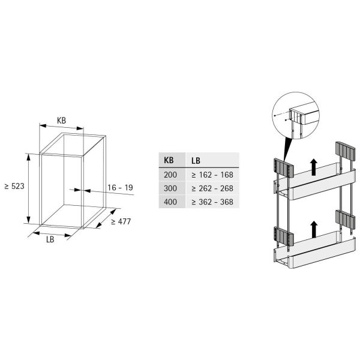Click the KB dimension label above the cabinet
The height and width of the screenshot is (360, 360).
point(62,121)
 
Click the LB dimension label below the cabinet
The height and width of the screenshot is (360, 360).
point(50,239)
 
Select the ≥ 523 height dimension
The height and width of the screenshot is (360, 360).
point(14,186)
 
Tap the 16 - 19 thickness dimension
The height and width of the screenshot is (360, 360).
point(121,188)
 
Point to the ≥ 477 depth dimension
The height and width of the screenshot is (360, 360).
point(121,221)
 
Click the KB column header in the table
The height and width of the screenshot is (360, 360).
point(169,160)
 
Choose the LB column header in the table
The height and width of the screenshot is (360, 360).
point(196,161)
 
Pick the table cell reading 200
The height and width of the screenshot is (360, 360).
point(170,175)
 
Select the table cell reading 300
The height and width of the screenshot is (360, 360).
point(170,188)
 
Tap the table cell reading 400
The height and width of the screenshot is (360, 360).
point(170,202)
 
